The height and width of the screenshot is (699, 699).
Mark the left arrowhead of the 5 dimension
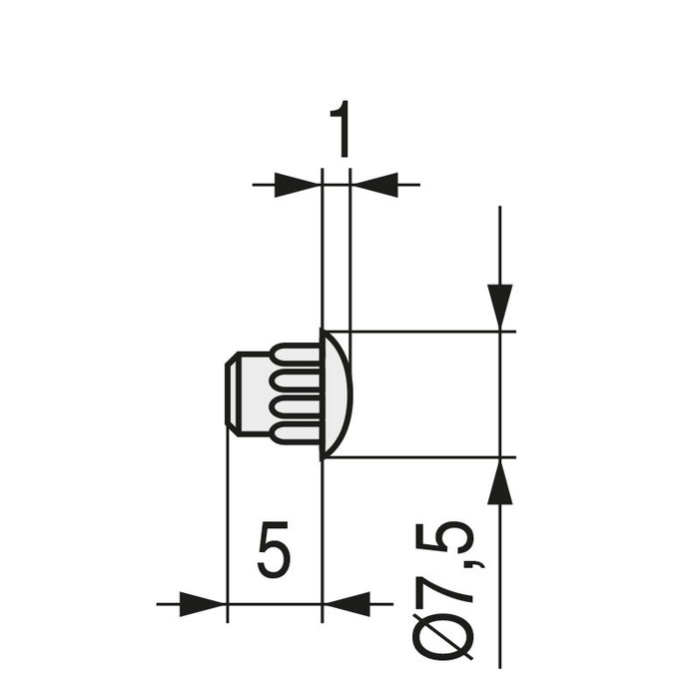pyautogui.click(x=203, y=603)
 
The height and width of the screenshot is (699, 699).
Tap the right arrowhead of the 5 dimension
pyautogui.click(x=346, y=603)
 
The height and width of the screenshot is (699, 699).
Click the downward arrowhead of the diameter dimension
pyautogui.click(x=499, y=306)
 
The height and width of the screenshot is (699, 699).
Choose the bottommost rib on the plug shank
pyautogui.click(x=298, y=434)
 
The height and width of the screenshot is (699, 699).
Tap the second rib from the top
pyautogui.click(x=298, y=379)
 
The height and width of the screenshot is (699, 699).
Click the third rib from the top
pyautogui.click(x=298, y=407)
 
